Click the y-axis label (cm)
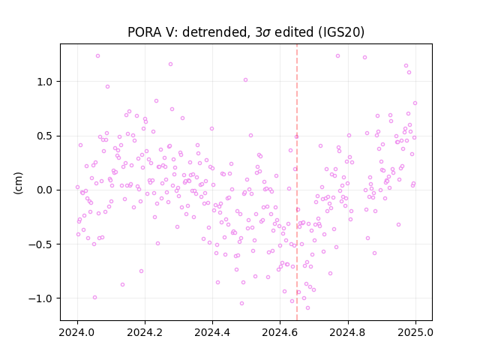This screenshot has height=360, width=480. (18, 183)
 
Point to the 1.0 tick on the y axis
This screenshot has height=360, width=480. (45, 82)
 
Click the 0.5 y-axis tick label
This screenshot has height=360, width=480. (45, 136)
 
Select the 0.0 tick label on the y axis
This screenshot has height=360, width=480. (45, 190)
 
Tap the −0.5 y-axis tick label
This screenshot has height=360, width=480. (40, 244)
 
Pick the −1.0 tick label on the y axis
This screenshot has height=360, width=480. (40, 298)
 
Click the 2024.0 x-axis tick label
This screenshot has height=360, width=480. (77, 332)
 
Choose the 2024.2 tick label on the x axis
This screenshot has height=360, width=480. (145, 332)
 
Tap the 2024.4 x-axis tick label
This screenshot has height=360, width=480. (212, 332)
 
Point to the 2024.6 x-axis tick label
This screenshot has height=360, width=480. (280, 332)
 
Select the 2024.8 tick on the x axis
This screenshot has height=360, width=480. (348, 332)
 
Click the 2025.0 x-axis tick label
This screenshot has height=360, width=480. (415, 332)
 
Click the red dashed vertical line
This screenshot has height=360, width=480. (297, 182)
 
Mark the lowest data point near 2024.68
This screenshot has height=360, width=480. (307, 307)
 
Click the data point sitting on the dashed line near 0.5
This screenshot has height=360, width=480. (296, 136)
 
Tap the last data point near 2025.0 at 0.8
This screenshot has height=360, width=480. (415, 103)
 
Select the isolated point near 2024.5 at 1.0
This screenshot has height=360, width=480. (245, 80)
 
